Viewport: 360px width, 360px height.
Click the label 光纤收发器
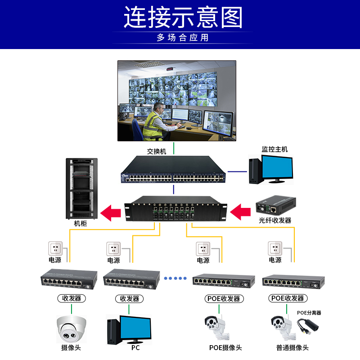[275, 220]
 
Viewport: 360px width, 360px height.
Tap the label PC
[135, 348]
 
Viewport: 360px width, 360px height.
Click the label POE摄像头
[225, 348]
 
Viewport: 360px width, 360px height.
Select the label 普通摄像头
[292, 348]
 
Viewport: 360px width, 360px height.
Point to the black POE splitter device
[309, 326]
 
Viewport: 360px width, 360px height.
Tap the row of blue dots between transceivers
[175, 278]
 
